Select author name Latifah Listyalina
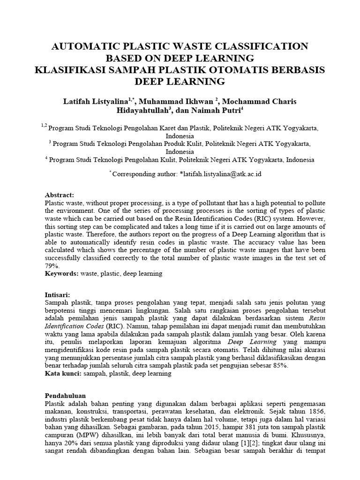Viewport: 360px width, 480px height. (96, 102)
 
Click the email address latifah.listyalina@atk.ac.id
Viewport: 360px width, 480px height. (220, 173)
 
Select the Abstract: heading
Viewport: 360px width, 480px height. (60, 195)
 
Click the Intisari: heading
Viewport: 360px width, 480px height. (58, 295)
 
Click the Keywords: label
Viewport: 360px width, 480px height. (62, 273)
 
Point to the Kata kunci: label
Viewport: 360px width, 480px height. (63, 374)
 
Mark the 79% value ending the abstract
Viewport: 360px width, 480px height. (51, 265)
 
